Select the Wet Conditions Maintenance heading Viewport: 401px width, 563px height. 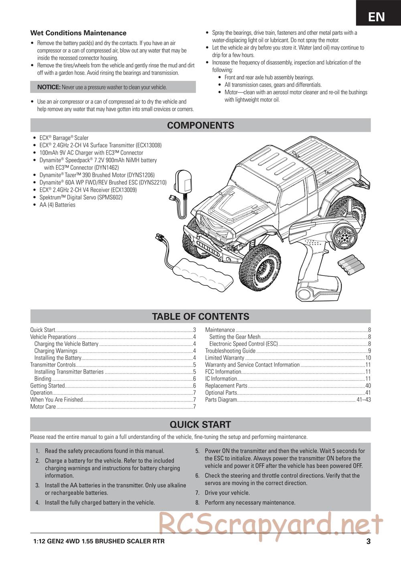tap(78, 33)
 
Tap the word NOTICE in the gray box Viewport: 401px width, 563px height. tap(49, 87)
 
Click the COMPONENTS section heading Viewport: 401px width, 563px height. tap(200, 125)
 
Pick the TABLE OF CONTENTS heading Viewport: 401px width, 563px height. tap(200, 316)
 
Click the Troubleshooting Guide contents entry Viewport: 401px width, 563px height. tap(230, 351)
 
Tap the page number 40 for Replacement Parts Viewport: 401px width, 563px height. tap(368, 386)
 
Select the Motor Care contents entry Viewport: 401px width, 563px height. tap(43, 407)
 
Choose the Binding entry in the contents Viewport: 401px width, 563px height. tap(43, 379)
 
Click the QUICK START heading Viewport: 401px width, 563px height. tap(200, 424)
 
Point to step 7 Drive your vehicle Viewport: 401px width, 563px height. tap(227, 493)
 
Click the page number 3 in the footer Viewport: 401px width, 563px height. tap(368, 542)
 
